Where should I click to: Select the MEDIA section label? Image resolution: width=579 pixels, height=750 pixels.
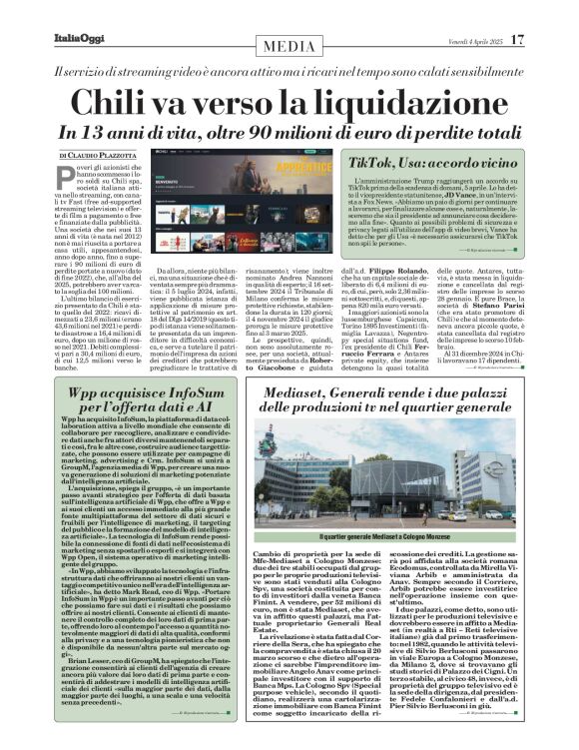click(289, 47)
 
